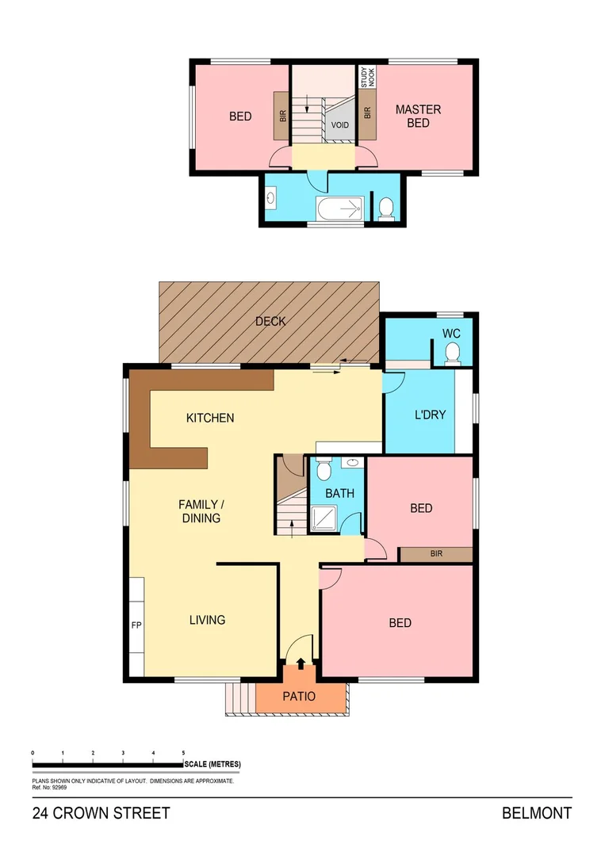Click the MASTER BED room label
pos(418,116)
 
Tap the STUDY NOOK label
pos(366,78)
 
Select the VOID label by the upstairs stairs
pos(341,125)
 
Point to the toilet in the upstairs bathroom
pos(386,208)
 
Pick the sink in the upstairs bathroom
pos(271,197)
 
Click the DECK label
pos(270,321)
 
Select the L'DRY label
pos(431,415)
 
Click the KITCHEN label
pos(210,417)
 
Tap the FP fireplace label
pos(136,624)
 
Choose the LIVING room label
pos(207,619)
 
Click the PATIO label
pos(299,697)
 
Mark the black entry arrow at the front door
pos(301,663)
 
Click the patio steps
pos(240,698)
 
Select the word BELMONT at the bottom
pos(536,813)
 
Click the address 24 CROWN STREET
pos(101,813)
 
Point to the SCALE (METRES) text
pos(212,764)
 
